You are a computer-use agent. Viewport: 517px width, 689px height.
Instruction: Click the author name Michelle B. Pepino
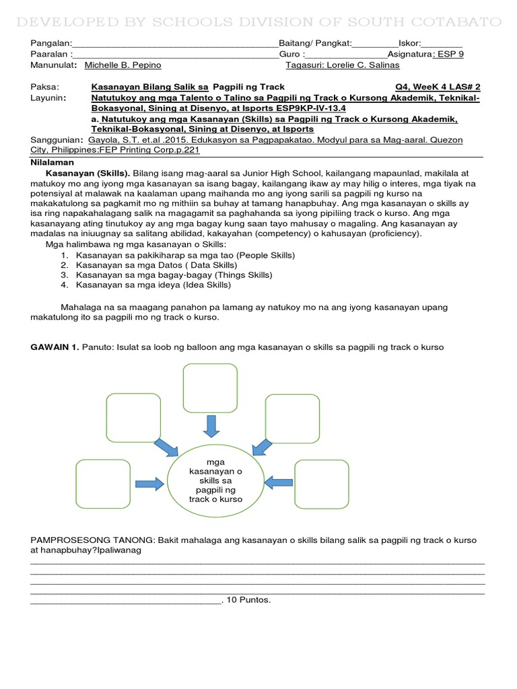pos(123,65)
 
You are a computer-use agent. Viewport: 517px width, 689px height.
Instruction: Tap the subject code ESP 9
pos(449,55)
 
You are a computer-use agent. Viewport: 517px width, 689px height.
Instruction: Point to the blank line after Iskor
pos(442,44)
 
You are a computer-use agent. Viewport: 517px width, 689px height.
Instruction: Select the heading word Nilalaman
pos(53,163)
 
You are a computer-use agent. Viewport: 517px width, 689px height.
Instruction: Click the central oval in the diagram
pos(215,481)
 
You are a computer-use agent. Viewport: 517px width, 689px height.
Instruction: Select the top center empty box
pos(210,387)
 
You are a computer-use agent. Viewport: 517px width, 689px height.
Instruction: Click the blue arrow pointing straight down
pos(211,425)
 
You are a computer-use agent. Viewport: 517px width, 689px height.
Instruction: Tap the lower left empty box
pos(103,483)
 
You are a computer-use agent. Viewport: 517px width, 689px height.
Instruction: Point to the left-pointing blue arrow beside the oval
pos(278,482)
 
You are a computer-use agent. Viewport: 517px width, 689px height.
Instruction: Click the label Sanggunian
pos(55,139)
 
